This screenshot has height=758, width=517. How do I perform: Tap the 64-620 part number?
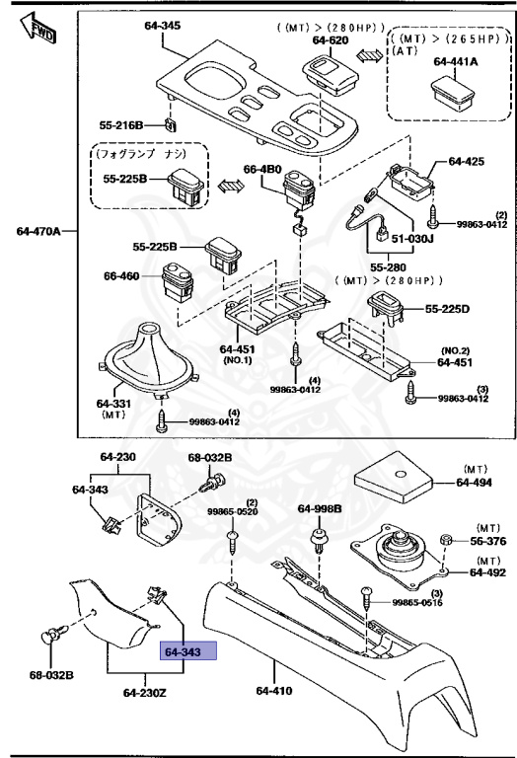pyautogui.click(x=332, y=40)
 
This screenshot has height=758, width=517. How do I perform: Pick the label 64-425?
pyautogui.click(x=469, y=161)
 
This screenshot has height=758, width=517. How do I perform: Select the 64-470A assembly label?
pyautogui.click(x=38, y=231)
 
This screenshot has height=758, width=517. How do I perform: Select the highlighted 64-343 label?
pyautogui.click(x=183, y=652)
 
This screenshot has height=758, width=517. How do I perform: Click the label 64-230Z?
pyautogui.click(x=145, y=692)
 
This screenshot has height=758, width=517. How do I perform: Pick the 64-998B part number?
pyautogui.click(x=320, y=508)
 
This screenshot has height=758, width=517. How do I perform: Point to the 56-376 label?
pyautogui.click(x=488, y=541)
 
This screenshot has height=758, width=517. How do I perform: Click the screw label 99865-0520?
pyautogui.click(x=234, y=512)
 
